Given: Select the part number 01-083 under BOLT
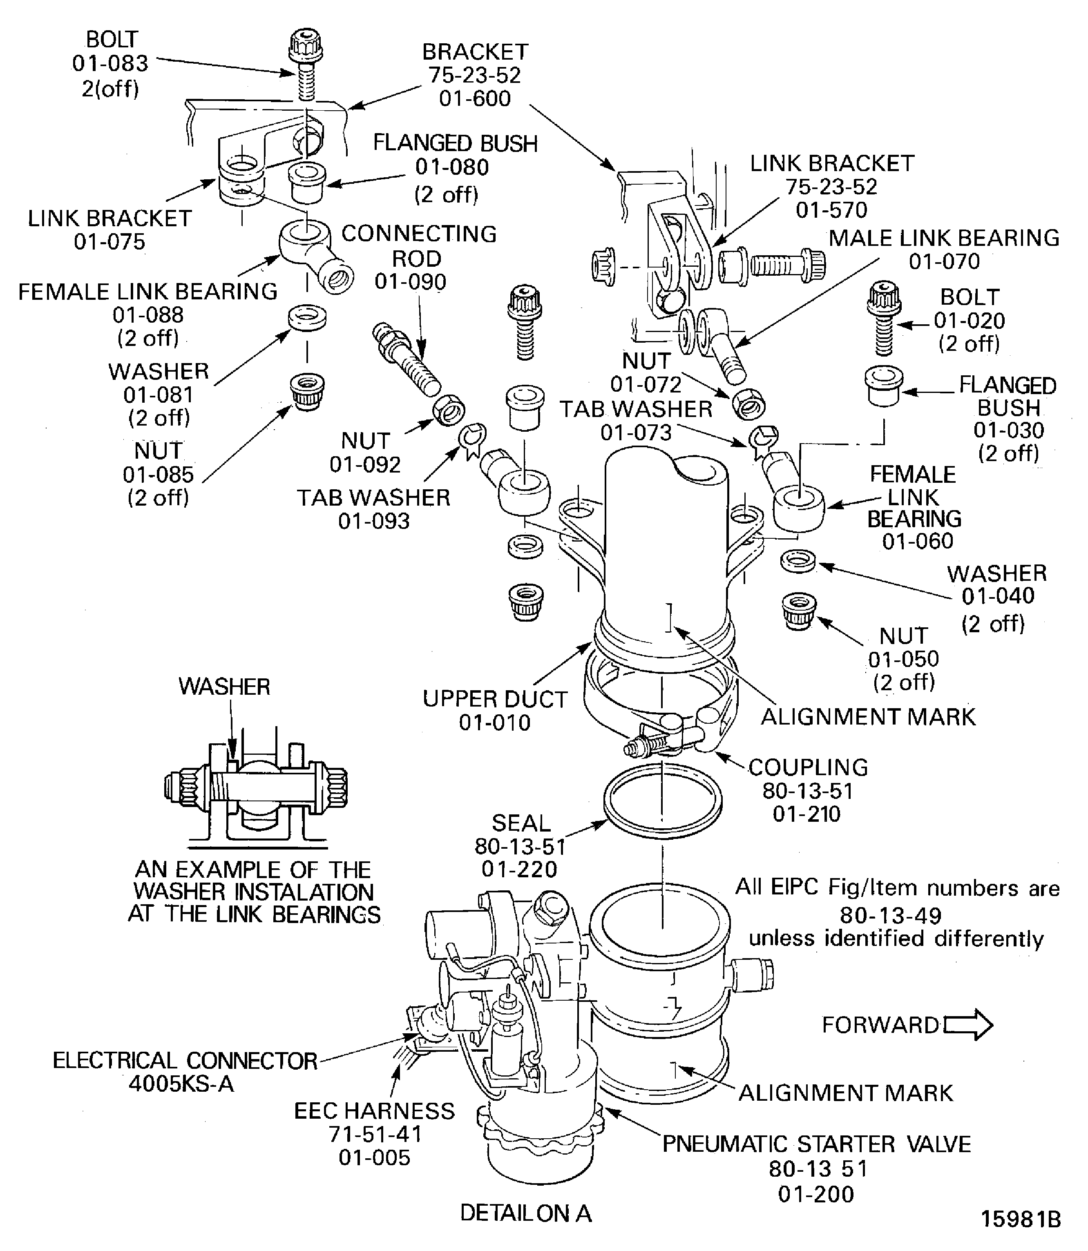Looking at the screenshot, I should [x=110, y=63].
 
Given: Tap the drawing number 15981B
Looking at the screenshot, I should [x=1021, y=1219].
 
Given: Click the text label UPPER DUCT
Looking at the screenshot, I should [x=495, y=699].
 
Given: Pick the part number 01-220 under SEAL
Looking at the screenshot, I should [x=519, y=869].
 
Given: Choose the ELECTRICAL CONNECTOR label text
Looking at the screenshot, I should [x=185, y=1060].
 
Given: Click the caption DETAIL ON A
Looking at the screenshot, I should [x=525, y=1213].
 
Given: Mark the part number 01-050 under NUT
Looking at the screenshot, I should [x=903, y=658].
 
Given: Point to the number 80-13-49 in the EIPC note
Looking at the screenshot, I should [x=891, y=915].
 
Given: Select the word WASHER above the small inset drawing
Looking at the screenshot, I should [x=224, y=687].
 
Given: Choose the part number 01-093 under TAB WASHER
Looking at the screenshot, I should [x=373, y=521].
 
